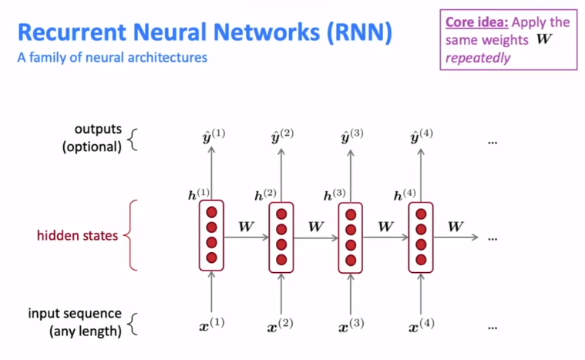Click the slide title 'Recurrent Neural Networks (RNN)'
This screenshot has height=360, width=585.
pos(204,32)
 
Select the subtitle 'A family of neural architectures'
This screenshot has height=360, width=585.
pos(112,58)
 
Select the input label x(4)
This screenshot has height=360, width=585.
pos(421,325)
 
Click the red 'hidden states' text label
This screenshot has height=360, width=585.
pos(78,235)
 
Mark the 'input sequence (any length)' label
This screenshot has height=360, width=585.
pos(75,323)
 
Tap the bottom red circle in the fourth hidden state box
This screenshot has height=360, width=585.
pos(421,259)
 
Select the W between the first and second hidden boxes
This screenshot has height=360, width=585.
pos(246,227)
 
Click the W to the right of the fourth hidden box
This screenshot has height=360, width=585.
pos(456,227)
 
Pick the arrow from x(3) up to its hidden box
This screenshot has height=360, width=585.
pos(351,293)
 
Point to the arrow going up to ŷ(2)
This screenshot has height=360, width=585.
pos(281,173)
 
